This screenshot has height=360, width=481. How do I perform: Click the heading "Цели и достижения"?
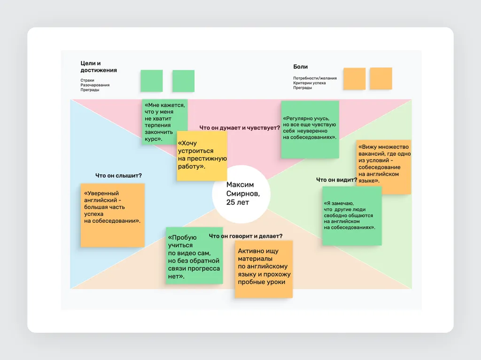[99, 67]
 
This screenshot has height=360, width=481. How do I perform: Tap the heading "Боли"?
[300, 67]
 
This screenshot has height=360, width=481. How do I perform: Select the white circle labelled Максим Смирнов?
[241, 194]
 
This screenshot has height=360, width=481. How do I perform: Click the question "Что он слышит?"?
[118, 176]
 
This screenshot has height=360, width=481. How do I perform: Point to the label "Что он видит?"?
[336, 180]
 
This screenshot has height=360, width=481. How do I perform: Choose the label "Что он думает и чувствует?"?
[240, 128]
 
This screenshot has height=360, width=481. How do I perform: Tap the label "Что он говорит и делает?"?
[246, 236]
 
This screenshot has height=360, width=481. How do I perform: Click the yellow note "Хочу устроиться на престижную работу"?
[202, 156]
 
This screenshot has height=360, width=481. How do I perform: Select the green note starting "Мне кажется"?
[164, 122]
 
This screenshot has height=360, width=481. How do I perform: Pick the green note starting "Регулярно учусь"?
[310, 130]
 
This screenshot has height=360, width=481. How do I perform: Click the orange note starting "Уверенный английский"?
[113, 215]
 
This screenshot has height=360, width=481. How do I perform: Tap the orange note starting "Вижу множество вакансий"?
[383, 167]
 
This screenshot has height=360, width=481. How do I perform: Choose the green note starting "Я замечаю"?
[352, 216]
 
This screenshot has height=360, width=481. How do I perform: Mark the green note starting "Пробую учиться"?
[194, 255]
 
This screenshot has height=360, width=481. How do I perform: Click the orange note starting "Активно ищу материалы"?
[264, 269]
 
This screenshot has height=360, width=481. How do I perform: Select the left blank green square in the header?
[152, 81]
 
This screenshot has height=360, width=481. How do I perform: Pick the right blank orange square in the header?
[380, 78]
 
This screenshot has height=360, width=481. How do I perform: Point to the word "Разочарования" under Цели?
[95, 85]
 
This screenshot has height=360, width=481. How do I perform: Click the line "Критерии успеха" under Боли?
[309, 83]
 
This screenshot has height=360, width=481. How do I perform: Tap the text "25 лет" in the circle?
[238, 202]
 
